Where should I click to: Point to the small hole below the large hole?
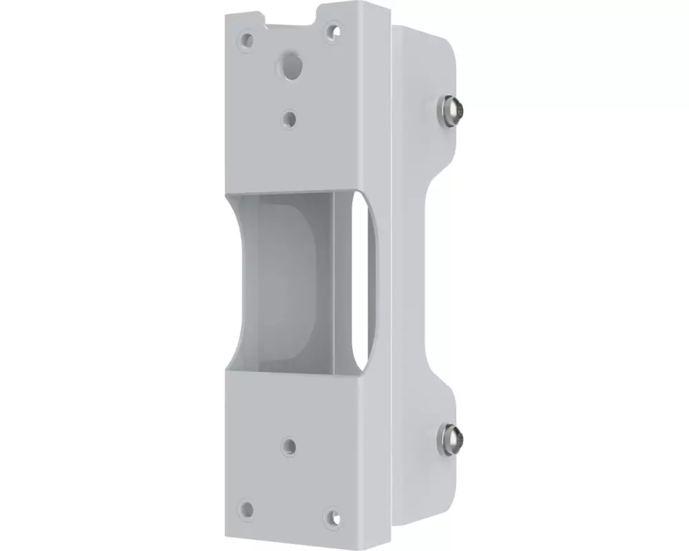click(290, 118)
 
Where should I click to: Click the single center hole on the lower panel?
click(290, 446)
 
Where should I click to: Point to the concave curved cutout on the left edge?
click(238, 279)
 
